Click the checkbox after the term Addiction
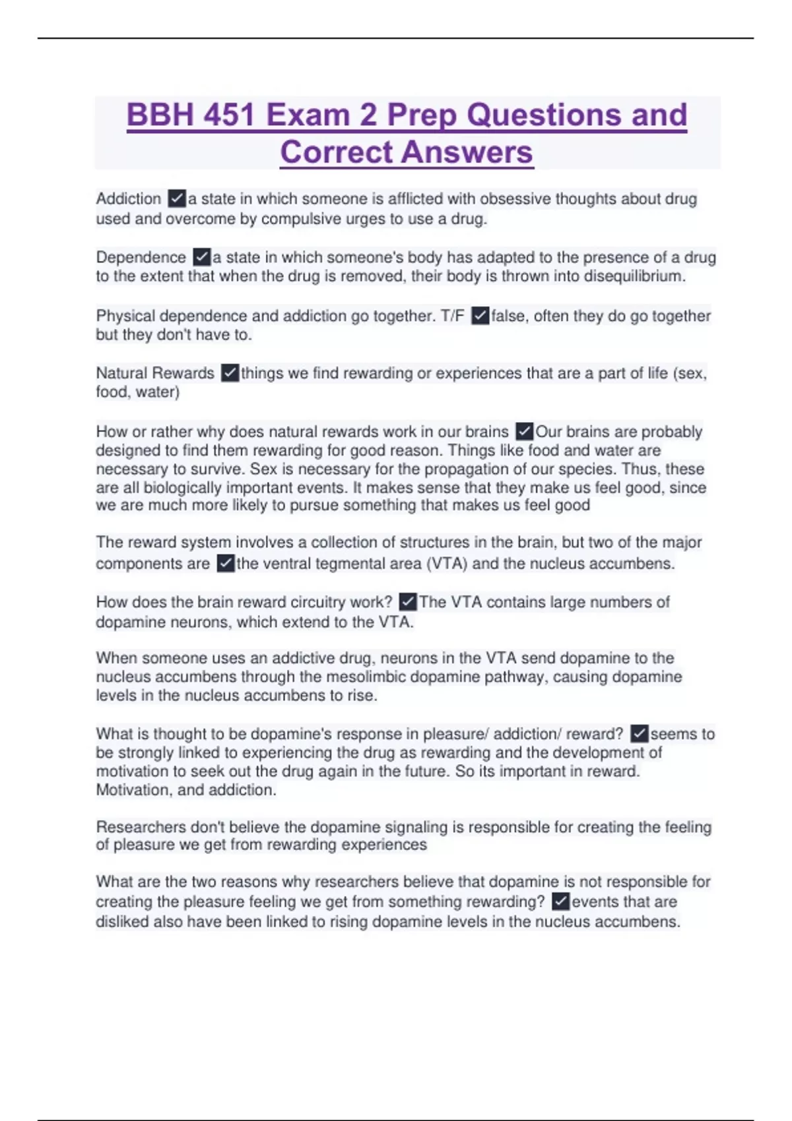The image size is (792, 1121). (x=177, y=198)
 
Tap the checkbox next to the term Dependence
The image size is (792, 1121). (x=202, y=257)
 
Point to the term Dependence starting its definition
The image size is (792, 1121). (x=141, y=257)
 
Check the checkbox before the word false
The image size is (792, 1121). (x=480, y=316)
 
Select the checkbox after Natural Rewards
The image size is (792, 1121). (x=230, y=373)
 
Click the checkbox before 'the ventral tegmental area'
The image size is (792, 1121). (x=226, y=564)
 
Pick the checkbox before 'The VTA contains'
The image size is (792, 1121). (x=408, y=602)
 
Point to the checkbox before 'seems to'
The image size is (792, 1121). (x=639, y=734)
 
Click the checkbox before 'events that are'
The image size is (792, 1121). (x=560, y=901)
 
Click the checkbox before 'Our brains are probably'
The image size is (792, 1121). (x=524, y=432)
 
